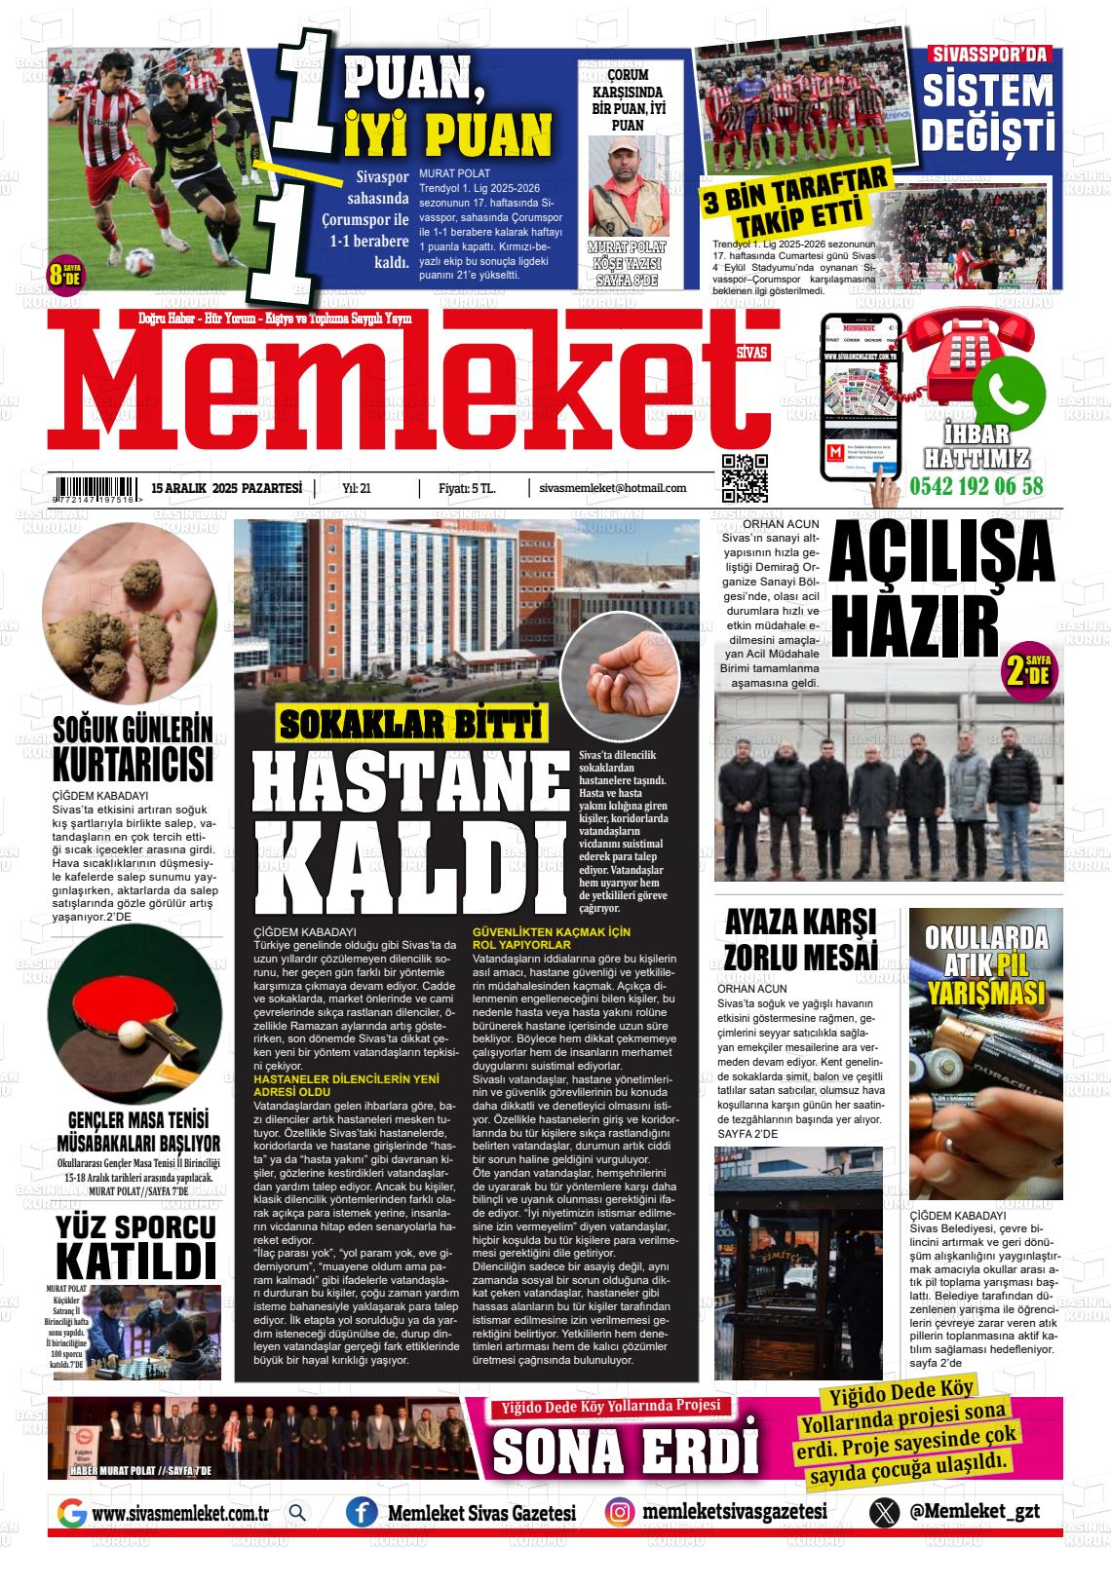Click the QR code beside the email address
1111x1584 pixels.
[x=745, y=477]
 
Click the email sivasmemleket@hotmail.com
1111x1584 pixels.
[x=612, y=488]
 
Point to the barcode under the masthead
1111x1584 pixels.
[x=96, y=488]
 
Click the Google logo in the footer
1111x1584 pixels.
[x=72, y=1513]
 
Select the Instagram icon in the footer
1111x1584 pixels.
[x=619, y=1512]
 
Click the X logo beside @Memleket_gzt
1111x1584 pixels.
[x=885, y=1512]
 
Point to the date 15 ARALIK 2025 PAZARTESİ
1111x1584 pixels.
[x=227, y=488]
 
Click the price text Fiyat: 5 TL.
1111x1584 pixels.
[x=467, y=488]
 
